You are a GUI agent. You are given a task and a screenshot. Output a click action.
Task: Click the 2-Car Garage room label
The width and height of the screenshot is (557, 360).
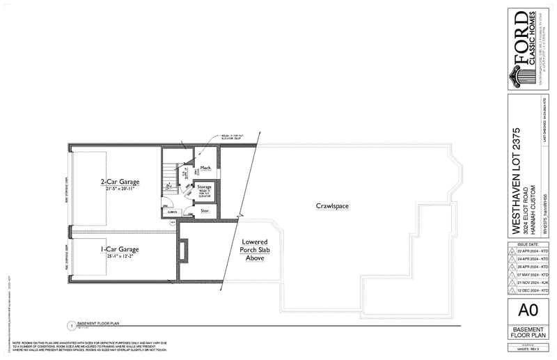tap(118, 182)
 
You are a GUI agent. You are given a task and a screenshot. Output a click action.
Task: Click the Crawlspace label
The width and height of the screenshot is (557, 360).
tap(332, 206)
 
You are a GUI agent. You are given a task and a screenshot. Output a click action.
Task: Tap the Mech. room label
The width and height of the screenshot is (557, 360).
tap(205, 169)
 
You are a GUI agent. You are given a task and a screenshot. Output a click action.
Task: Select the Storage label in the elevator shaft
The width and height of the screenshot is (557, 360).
tap(204, 187)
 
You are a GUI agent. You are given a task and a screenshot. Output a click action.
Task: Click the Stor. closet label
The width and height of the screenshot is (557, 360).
tap(205, 210)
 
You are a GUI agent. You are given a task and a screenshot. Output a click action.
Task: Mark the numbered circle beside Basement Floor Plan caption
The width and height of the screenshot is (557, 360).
tap(70, 325)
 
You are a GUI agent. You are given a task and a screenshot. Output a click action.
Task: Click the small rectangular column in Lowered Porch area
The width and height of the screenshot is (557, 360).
tap(183, 250)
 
